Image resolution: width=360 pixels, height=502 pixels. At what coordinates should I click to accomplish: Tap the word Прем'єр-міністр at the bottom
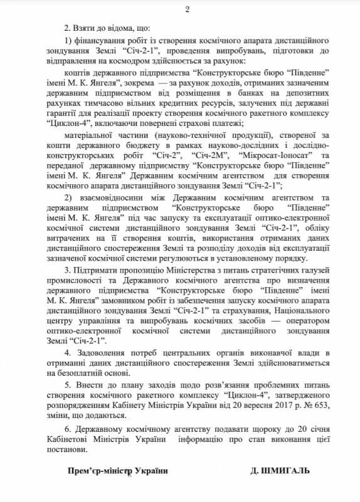click(x=99, y=470)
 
